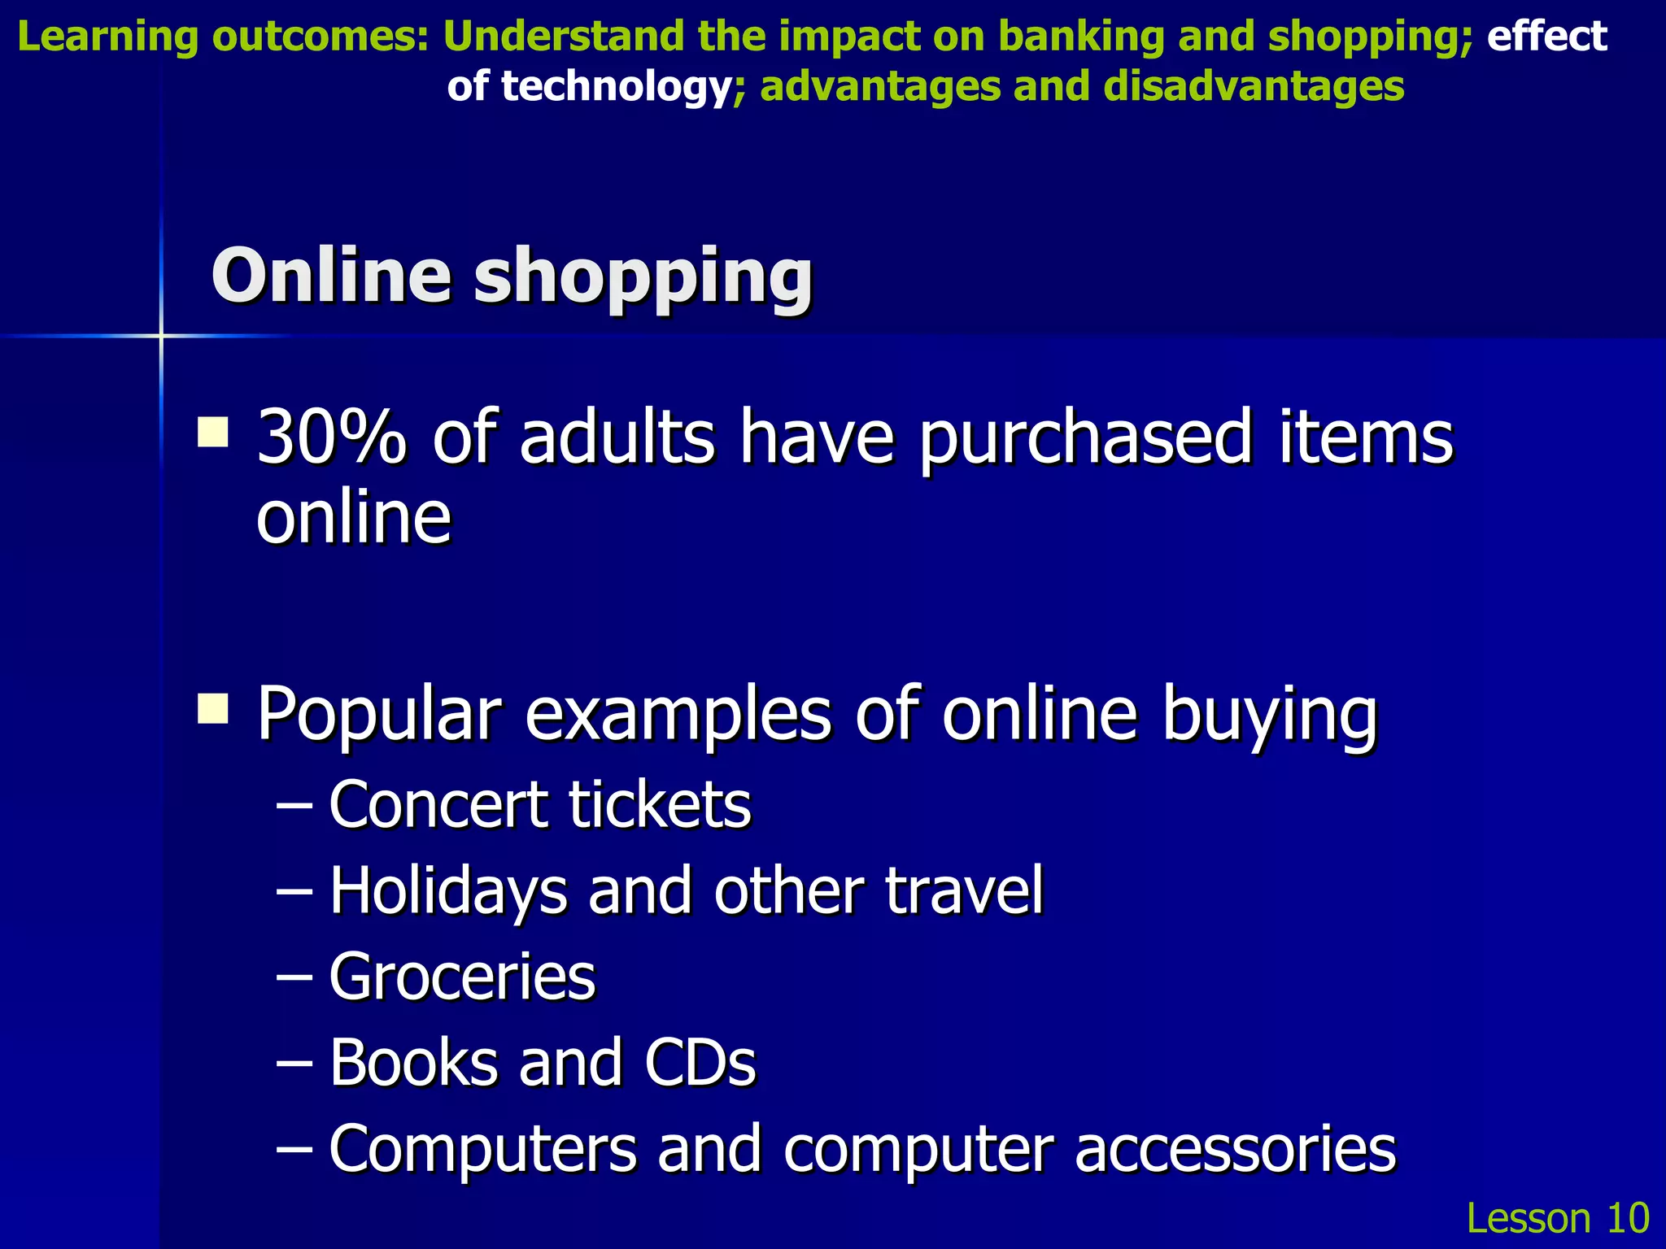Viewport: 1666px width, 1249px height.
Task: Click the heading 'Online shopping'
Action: coord(512,276)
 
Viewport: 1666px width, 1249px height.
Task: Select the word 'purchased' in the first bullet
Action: coord(1086,439)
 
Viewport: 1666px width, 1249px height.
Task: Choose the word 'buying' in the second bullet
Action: coord(1269,714)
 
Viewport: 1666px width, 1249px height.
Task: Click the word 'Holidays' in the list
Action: coord(448,891)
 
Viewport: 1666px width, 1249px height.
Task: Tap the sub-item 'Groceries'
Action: coord(462,976)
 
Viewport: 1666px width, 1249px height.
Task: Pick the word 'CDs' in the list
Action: coord(700,1062)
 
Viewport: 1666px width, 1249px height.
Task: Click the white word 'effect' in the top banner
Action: coord(1547,37)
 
